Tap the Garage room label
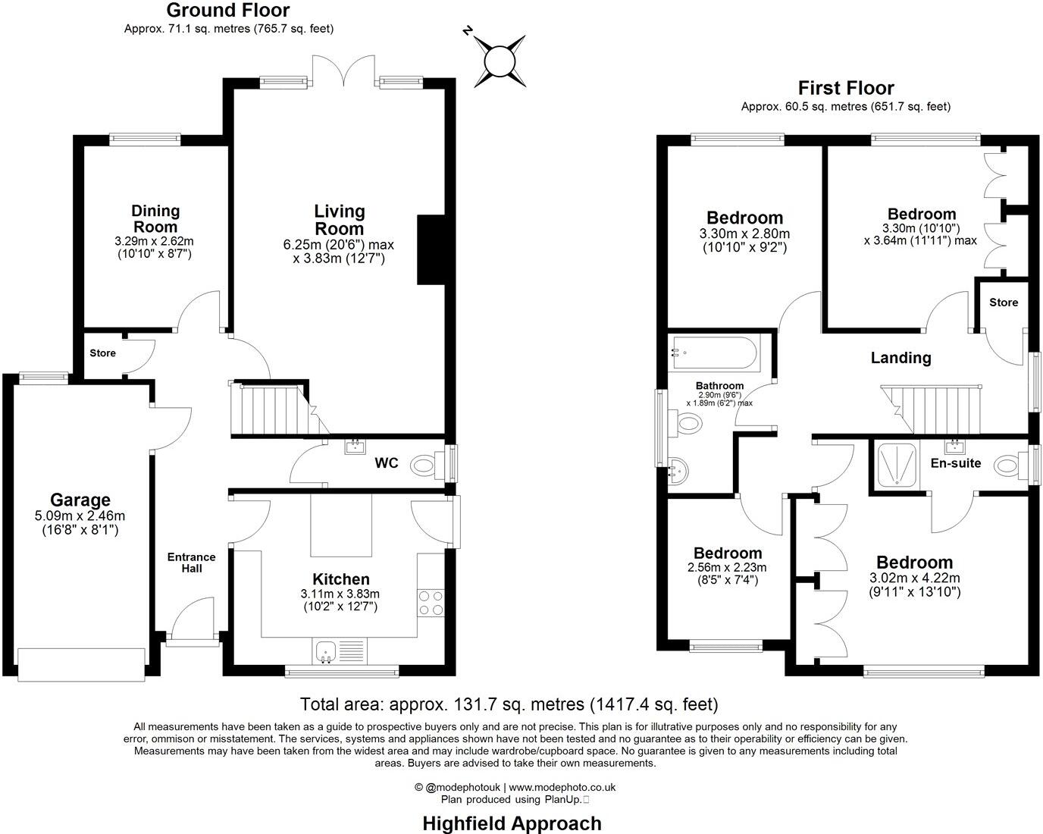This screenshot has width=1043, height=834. (80, 500)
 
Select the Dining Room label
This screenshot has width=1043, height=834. (155, 218)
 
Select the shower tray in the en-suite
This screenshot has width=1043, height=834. (898, 464)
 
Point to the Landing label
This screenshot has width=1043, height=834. (900, 358)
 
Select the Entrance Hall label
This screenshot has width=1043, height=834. (192, 562)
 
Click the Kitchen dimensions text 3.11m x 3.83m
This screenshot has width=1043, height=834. (341, 594)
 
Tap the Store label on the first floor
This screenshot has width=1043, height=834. (1004, 303)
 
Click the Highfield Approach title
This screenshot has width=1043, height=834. (512, 823)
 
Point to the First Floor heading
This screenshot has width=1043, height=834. (846, 88)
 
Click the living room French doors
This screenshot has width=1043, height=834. (345, 72)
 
